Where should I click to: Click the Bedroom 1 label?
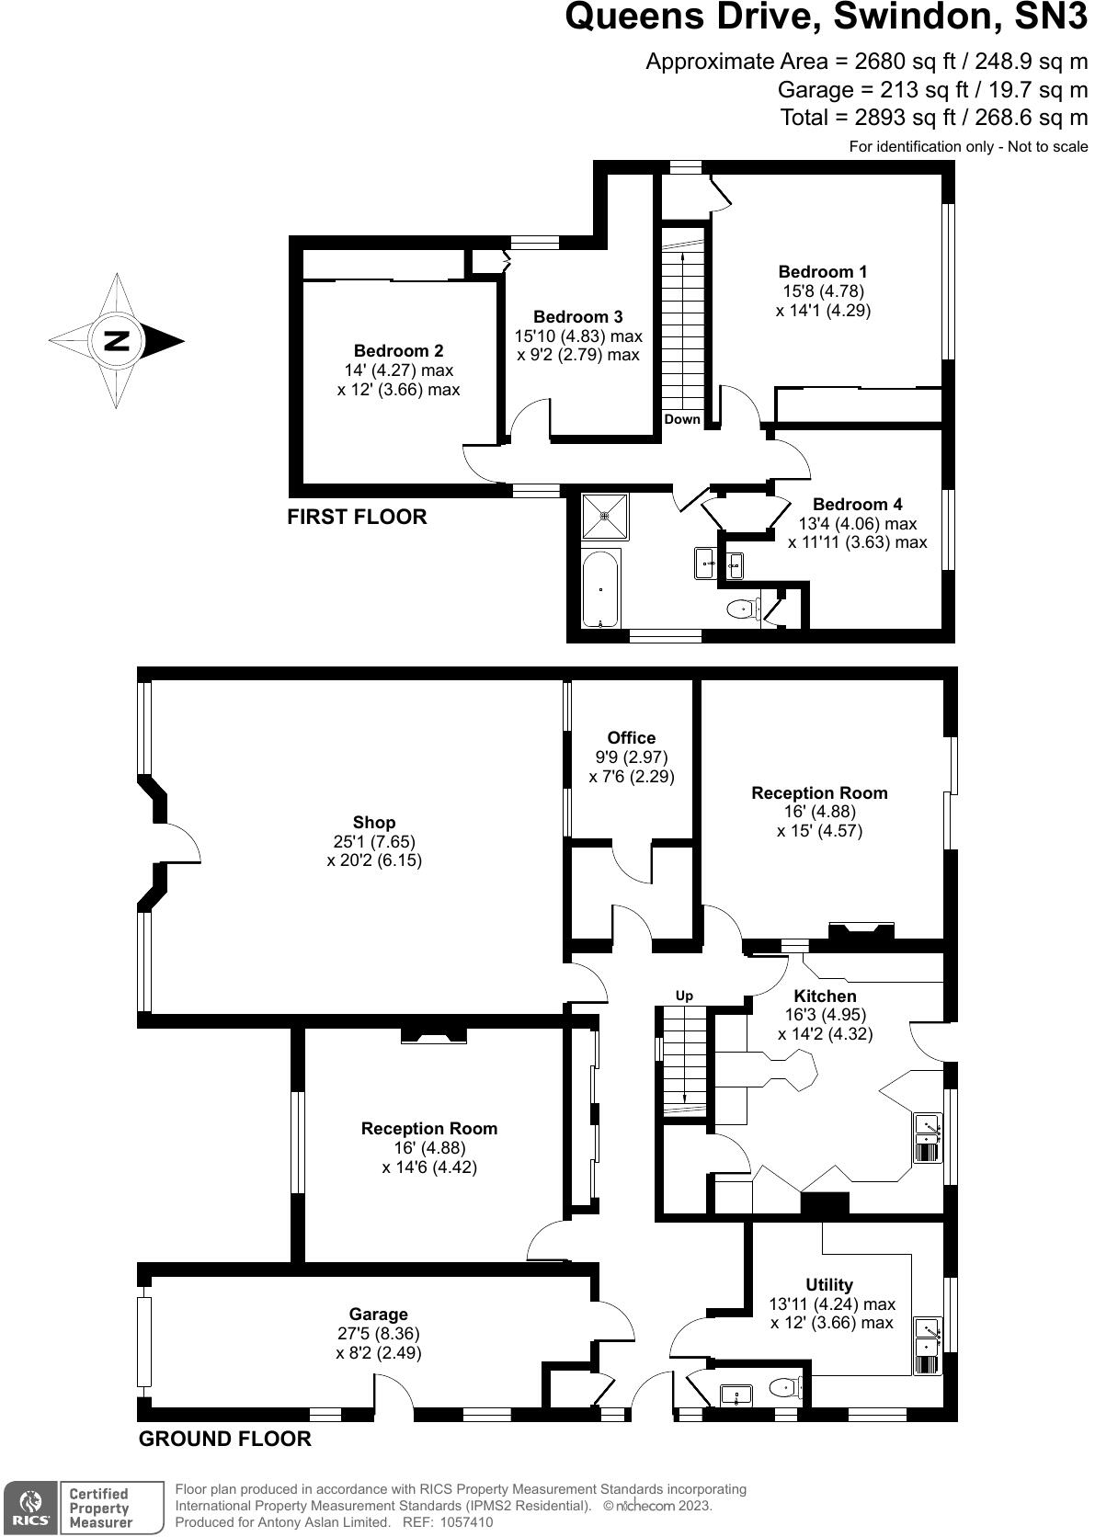coord(822,271)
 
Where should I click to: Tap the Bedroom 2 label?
coord(398,350)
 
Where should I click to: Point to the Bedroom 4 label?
coord(857,504)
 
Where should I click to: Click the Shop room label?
coord(373,822)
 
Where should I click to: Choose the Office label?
coord(631,737)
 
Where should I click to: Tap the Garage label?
coord(378,1314)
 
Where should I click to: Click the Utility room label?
coord(828,1284)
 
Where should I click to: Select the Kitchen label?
coord(825,996)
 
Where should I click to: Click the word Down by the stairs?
coord(681,419)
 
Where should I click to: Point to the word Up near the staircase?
coord(684,996)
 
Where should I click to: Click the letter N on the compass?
coord(116,341)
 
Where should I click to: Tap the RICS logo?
coord(31,1507)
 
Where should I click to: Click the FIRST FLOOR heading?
coord(357,517)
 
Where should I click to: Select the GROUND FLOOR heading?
coord(224,1439)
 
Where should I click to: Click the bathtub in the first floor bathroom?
coord(601,587)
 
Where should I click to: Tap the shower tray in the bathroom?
coord(605,515)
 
